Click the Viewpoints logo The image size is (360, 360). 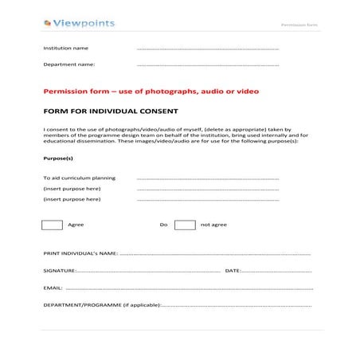tap(79, 23)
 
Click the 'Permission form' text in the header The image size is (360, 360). tap(299, 25)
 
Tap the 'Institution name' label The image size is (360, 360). tap(65, 48)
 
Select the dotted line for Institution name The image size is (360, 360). tap(208, 49)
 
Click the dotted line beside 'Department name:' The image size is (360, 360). tap(208, 65)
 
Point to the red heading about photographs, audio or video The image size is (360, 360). tap(151, 92)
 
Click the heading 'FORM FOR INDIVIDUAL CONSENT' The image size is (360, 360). tap(110, 112)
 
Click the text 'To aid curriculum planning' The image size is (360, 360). tap(79, 178)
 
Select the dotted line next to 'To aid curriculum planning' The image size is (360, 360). tap(208, 179)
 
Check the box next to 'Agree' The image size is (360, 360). tap(52, 225)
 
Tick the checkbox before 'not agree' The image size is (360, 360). tap(185, 225)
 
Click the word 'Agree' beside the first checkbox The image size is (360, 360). tap(76, 225)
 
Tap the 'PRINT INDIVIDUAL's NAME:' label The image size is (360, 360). tap(80, 253)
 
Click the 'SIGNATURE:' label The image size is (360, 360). tap(60, 271)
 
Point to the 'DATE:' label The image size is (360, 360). tap(233, 271)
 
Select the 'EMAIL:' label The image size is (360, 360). tap(53, 288)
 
